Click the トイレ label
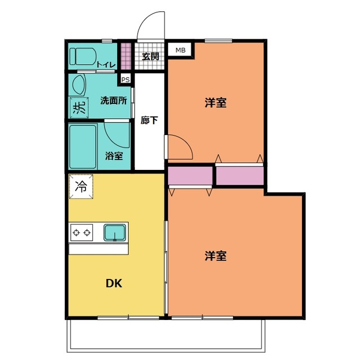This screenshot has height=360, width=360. click(106, 65)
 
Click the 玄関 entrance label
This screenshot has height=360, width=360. click(150, 56)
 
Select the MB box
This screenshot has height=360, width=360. click(180, 51)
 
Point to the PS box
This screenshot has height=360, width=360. click(125, 79)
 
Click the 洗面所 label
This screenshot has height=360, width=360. click(113, 101)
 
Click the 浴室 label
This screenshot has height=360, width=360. click(114, 156)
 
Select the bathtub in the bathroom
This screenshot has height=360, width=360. click(83, 146)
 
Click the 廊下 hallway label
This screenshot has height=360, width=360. click(149, 120)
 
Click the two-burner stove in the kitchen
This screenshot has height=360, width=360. click(82, 232)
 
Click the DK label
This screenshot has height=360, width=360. click(115, 283)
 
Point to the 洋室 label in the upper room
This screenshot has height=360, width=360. click(215, 103)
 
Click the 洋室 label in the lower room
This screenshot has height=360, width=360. click(215, 256)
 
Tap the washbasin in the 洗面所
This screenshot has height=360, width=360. click(78, 85)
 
